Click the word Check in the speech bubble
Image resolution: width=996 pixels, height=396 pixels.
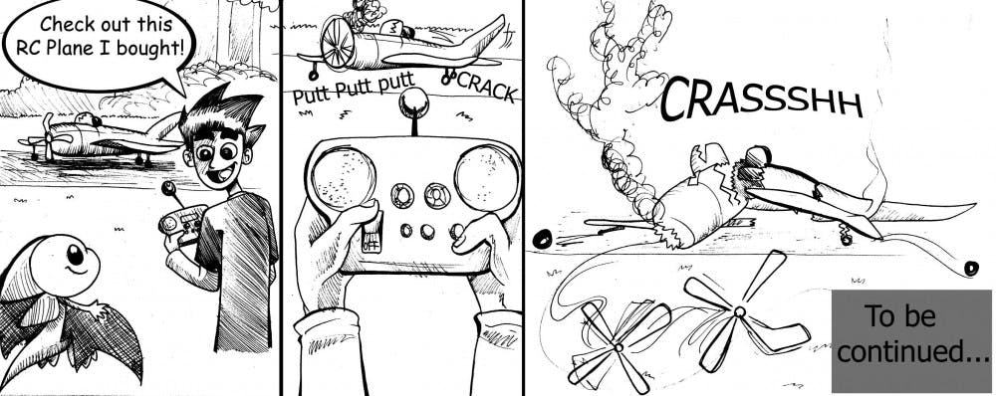(x=68, y=24)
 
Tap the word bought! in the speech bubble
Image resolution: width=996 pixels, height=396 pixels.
(x=153, y=49)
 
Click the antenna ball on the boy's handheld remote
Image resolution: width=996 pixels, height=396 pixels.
(x=169, y=188)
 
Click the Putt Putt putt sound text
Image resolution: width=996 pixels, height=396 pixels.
(x=354, y=92)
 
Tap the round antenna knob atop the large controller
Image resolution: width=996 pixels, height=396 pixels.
(x=414, y=100)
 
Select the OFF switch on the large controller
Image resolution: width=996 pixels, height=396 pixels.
(x=371, y=232)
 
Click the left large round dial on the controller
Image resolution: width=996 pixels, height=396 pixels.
(x=343, y=177)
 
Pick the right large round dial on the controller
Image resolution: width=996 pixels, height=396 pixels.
(x=486, y=178)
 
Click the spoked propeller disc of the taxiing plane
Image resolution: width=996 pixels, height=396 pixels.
(x=338, y=43)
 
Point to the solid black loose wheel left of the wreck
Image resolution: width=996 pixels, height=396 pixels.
(x=541, y=239)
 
